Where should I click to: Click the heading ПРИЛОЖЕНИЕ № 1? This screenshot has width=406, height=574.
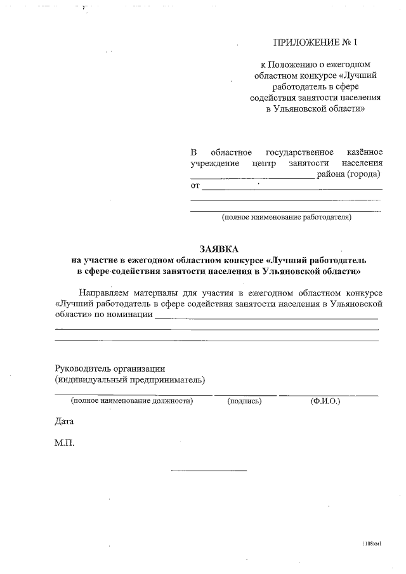coord(315,43)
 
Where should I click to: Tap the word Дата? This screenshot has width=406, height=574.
coord(65,421)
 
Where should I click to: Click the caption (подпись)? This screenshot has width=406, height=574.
coord(244,401)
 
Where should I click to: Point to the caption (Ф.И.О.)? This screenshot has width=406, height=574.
coord(325,401)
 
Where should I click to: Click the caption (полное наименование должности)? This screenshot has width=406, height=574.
coord(132,401)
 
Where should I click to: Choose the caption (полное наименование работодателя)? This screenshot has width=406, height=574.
coord(286,218)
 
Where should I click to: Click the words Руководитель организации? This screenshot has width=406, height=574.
coord(110,368)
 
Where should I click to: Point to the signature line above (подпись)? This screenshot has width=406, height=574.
coord(245,395)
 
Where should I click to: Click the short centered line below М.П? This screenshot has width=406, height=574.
coord(209,471)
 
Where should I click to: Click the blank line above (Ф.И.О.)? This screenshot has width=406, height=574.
coord(329,395)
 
